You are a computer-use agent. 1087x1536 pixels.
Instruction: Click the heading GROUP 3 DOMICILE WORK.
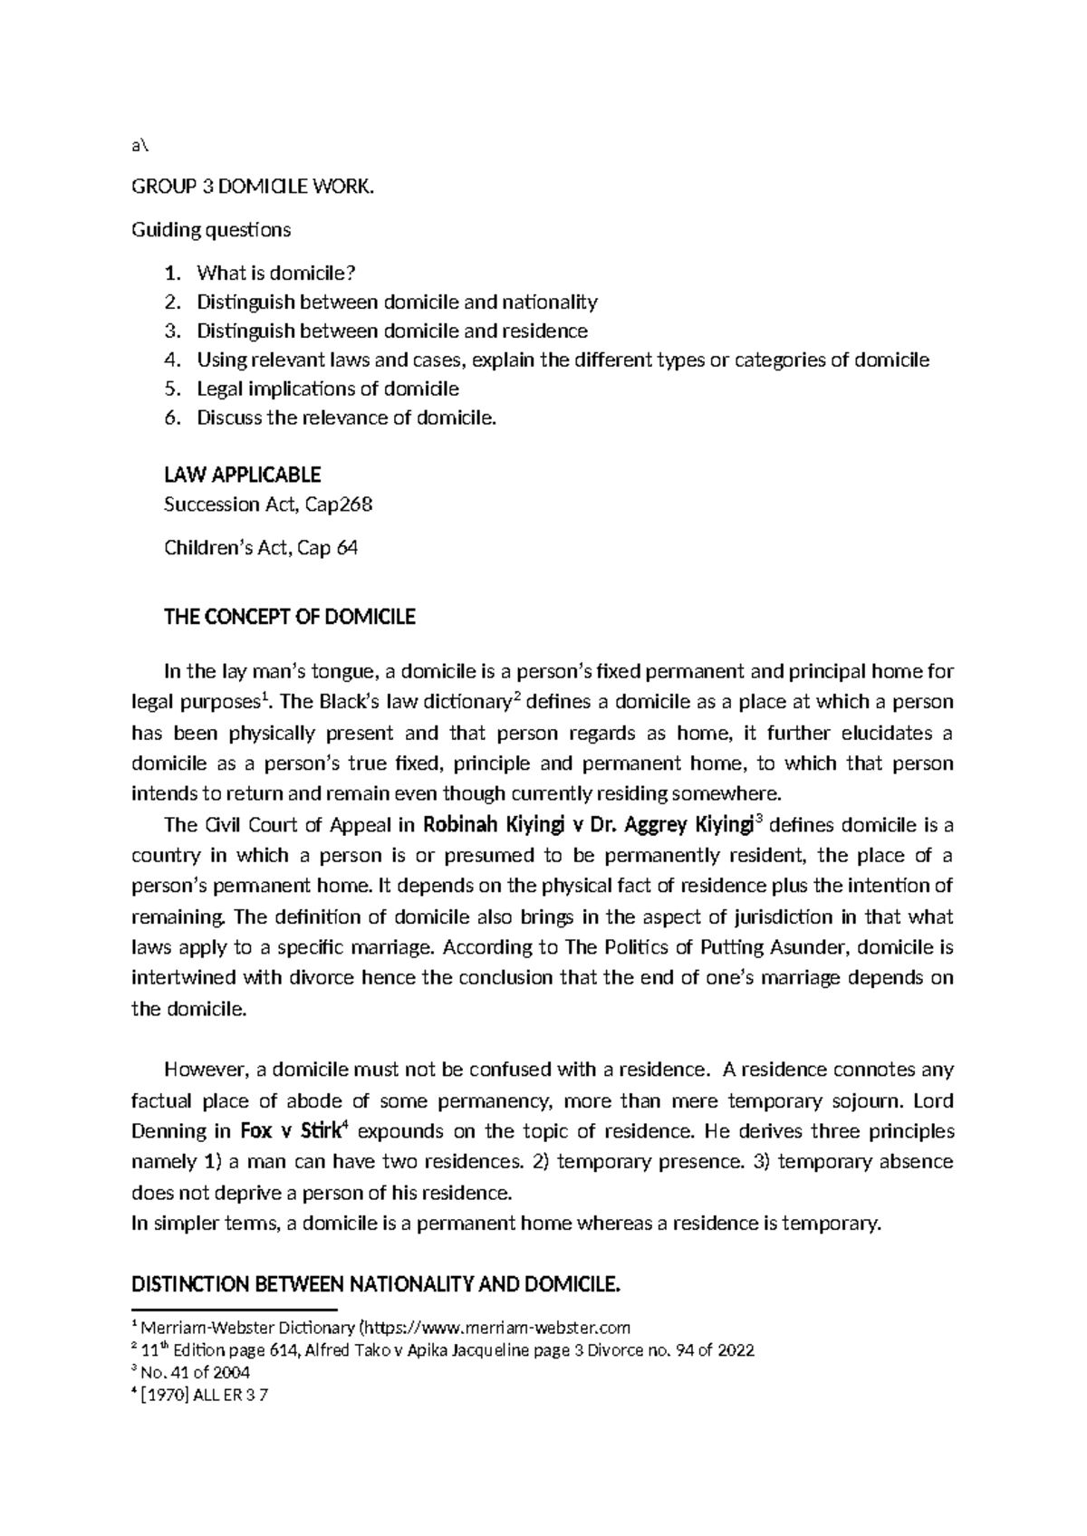point(252,187)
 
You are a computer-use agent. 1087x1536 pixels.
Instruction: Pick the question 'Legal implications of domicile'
point(328,389)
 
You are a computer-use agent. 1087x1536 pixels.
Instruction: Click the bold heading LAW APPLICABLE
point(242,475)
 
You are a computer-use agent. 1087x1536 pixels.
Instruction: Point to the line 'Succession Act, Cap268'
point(268,505)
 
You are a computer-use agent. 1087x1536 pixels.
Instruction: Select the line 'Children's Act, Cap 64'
point(261,548)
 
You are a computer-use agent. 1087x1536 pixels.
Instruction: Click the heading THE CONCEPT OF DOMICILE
point(289,618)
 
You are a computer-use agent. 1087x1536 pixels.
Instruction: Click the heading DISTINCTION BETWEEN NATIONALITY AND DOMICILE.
point(377,1284)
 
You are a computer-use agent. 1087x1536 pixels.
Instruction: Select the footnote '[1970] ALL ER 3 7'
point(205,1395)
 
